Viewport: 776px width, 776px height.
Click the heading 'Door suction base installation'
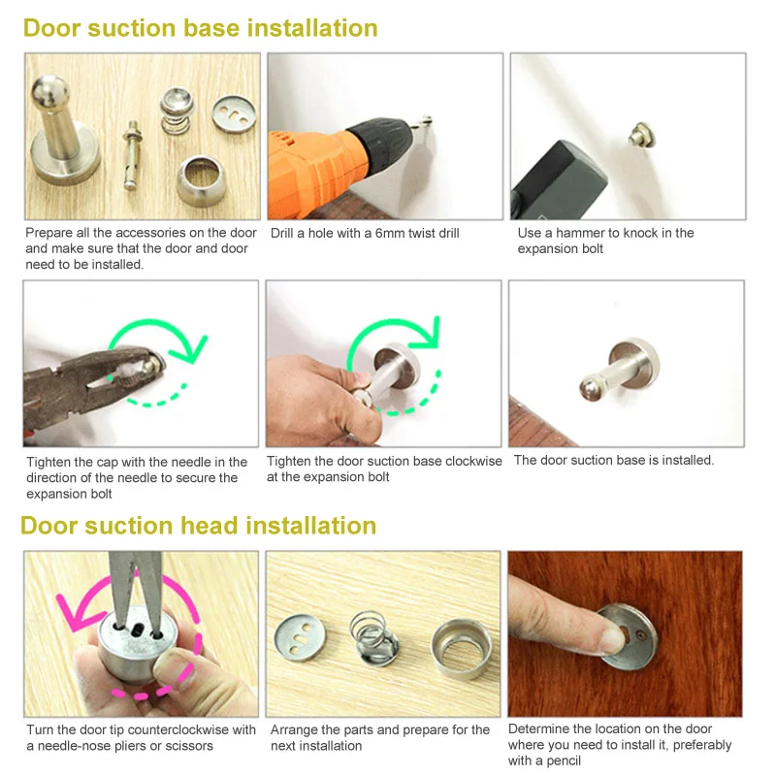pos(201,28)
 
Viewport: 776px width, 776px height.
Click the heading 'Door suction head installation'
pos(199,526)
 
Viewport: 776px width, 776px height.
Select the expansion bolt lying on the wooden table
pos(133,155)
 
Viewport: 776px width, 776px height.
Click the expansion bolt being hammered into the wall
pos(642,135)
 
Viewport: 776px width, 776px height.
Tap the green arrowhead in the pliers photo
pos(188,348)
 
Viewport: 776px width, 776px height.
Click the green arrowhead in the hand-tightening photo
pos(426,332)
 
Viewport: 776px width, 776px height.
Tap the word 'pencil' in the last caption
pos(565,760)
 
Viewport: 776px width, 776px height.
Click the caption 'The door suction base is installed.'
pos(614,460)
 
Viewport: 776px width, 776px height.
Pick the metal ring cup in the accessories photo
pos(201,181)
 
